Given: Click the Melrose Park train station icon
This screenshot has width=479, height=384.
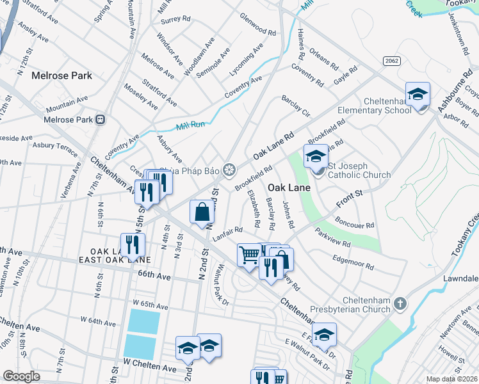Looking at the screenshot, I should [x=101, y=120].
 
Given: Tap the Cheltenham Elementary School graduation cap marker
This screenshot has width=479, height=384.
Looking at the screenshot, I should [x=418, y=95].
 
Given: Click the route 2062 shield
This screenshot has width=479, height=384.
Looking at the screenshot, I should [x=392, y=60].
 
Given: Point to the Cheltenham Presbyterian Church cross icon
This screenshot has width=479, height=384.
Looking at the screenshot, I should [x=400, y=303].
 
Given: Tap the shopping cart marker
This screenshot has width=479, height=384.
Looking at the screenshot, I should [x=249, y=254].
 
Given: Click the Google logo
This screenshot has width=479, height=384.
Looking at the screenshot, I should [x=21, y=376].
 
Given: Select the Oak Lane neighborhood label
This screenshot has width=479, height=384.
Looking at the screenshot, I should [x=289, y=188].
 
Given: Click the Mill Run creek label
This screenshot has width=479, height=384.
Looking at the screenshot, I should [x=190, y=125].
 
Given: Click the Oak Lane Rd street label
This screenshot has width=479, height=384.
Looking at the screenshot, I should [x=273, y=146].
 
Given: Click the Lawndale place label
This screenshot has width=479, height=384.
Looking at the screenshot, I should [x=461, y=278].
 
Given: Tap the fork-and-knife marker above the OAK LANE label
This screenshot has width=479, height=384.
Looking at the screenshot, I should [x=133, y=244].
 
